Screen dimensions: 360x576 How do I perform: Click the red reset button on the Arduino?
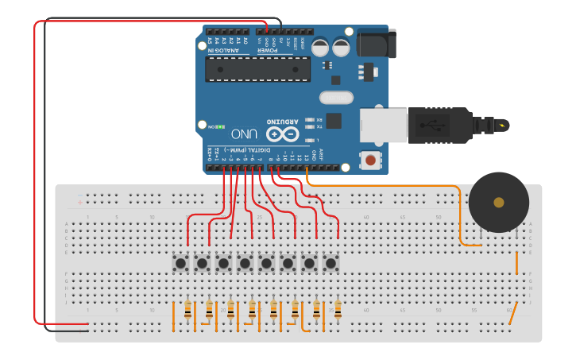coord(370,161)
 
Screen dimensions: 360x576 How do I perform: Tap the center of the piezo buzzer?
coord(498,203)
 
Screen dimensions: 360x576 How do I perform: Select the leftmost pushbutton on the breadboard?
coord(181,262)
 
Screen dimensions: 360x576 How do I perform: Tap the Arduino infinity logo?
coord(282,134)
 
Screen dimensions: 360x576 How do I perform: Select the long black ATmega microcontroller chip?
coord(257,69)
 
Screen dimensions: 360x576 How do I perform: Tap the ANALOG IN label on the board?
coord(227,50)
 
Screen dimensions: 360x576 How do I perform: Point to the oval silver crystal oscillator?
coord(336,98)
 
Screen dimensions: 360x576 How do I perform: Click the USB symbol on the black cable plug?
coord(435,125)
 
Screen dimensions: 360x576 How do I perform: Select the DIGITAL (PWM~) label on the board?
coord(248,149)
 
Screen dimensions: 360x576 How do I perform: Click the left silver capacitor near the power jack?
coord(320,48)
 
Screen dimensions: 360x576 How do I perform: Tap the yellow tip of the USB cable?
coord(503,124)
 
